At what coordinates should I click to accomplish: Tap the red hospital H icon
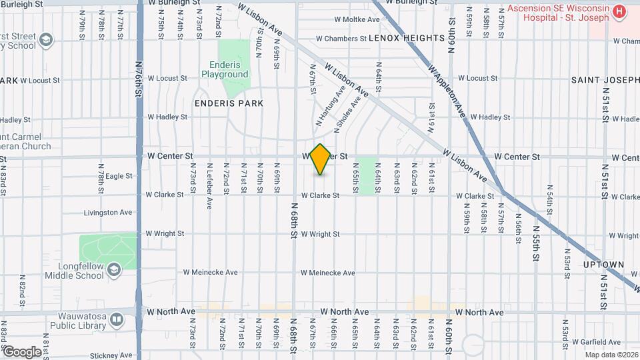[x=619, y=11]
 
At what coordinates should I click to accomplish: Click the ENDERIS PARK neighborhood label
[x=229, y=103]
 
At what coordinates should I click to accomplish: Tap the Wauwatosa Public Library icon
[x=117, y=319]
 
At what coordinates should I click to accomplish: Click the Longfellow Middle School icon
[x=114, y=269]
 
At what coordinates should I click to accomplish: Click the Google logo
[x=21, y=351]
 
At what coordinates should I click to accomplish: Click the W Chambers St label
[x=341, y=39]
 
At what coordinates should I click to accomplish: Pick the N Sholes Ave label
[x=347, y=113]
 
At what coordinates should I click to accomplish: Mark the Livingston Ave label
[x=108, y=213]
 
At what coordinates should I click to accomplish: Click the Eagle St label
[x=119, y=176]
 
